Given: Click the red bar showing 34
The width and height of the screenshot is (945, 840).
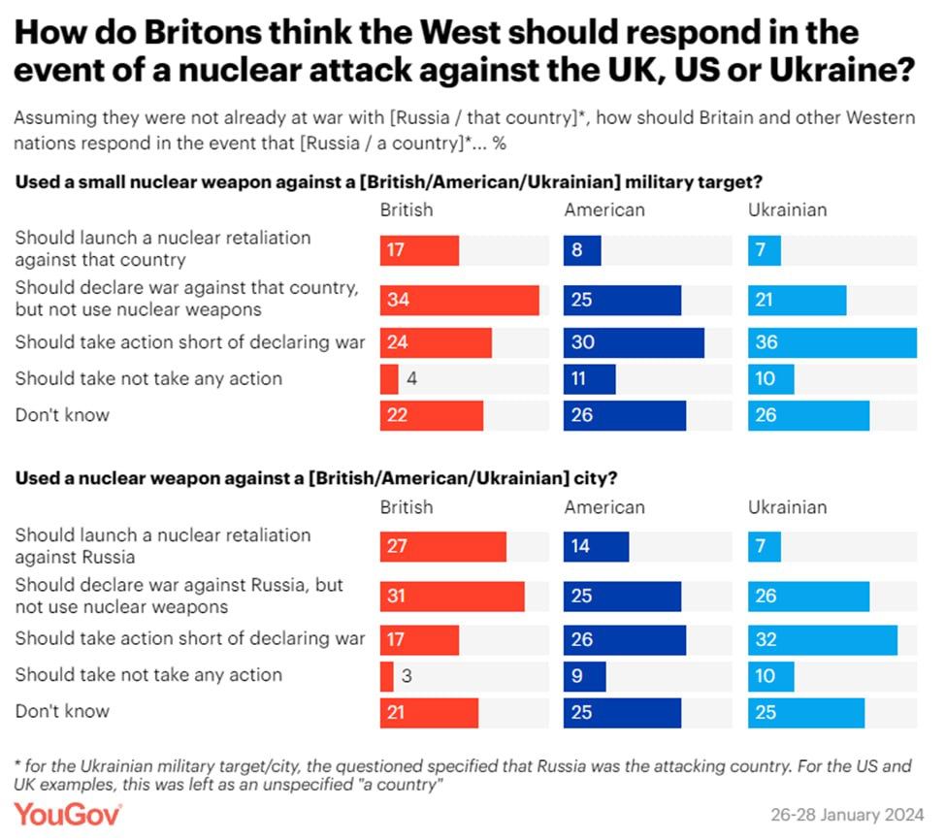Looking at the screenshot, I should pyautogui.click(x=459, y=301).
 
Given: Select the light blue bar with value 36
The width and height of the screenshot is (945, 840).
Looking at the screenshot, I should pyautogui.click(x=831, y=342).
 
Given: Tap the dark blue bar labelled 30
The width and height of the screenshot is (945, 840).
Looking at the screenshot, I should pyautogui.click(x=634, y=342).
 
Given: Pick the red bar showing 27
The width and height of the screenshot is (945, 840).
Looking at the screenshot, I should pyautogui.click(x=443, y=546).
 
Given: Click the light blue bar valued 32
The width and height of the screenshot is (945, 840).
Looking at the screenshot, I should pyautogui.click(x=822, y=638).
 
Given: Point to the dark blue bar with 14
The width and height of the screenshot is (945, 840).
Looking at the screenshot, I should pyautogui.click(x=596, y=546).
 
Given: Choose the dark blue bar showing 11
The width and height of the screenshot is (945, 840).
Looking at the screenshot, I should pyautogui.click(x=589, y=378).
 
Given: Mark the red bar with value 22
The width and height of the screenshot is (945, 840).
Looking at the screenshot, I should pyautogui.click(x=432, y=415).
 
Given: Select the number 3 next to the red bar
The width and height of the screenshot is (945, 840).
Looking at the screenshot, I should pyautogui.click(x=407, y=675).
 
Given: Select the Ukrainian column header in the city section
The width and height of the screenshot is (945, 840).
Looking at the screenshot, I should pyautogui.click(x=787, y=506).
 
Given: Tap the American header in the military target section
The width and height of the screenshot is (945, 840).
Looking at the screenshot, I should pyautogui.click(x=603, y=210).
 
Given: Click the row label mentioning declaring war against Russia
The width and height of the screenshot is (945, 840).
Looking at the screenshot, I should pyautogui.click(x=179, y=596).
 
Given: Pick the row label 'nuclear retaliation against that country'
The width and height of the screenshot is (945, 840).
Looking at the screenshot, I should pyautogui.click(x=163, y=248).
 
